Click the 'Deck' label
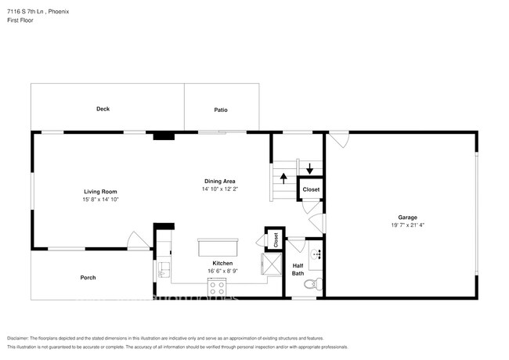click(x=103, y=109)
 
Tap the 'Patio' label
click(x=221, y=110)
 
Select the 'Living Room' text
click(x=101, y=192)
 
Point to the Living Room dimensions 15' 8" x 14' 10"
click(x=101, y=200)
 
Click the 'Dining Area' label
click(x=219, y=181)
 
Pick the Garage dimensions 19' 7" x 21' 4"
click(x=406, y=225)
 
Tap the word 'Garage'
click(x=406, y=217)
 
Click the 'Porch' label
click(x=88, y=278)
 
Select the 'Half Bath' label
click(x=298, y=269)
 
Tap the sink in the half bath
click(x=316, y=254)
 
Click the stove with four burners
click(x=216, y=288)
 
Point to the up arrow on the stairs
click(x=283, y=178)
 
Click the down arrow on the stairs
click(x=309, y=168)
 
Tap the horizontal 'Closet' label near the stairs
click(x=311, y=189)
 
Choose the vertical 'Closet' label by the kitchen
click(x=276, y=241)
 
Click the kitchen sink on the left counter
click(x=163, y=270)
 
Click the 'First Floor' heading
click(x=20, y=20)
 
